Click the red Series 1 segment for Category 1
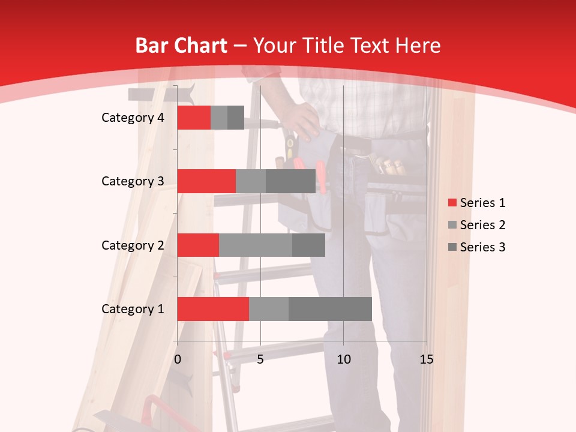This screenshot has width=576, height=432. [x=213, y=309]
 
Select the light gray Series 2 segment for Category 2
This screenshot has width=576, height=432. [x=256, y=245]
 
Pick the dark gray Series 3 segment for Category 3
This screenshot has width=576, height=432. [x=291, y=181]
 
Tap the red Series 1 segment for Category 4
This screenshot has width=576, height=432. [x=194, y=118]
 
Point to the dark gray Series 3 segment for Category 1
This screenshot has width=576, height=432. [x=330, y=309]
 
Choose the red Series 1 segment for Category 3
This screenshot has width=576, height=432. [x=206, y=181]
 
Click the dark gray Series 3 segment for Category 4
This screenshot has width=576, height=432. [x=236, y=118]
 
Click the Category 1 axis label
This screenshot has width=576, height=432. [x=133, y=309]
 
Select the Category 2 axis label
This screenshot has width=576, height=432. [x=133, y=245]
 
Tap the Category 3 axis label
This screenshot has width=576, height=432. [x=133, y=181]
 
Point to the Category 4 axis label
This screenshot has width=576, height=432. [x=133, y=118]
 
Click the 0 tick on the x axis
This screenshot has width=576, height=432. [x=178, y=359]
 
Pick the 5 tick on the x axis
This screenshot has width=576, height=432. [x=260, y=359]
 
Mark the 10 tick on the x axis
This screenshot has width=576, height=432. [x=343, y=359]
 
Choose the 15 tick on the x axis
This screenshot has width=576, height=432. [x=426, y=359]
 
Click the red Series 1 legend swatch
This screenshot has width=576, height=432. [x=452, y=203]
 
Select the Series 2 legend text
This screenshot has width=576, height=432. [x=482, y=225]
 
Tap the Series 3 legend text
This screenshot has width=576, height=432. [x=482, y=247]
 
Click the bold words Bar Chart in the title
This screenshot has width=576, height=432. [x=181, y=46]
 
